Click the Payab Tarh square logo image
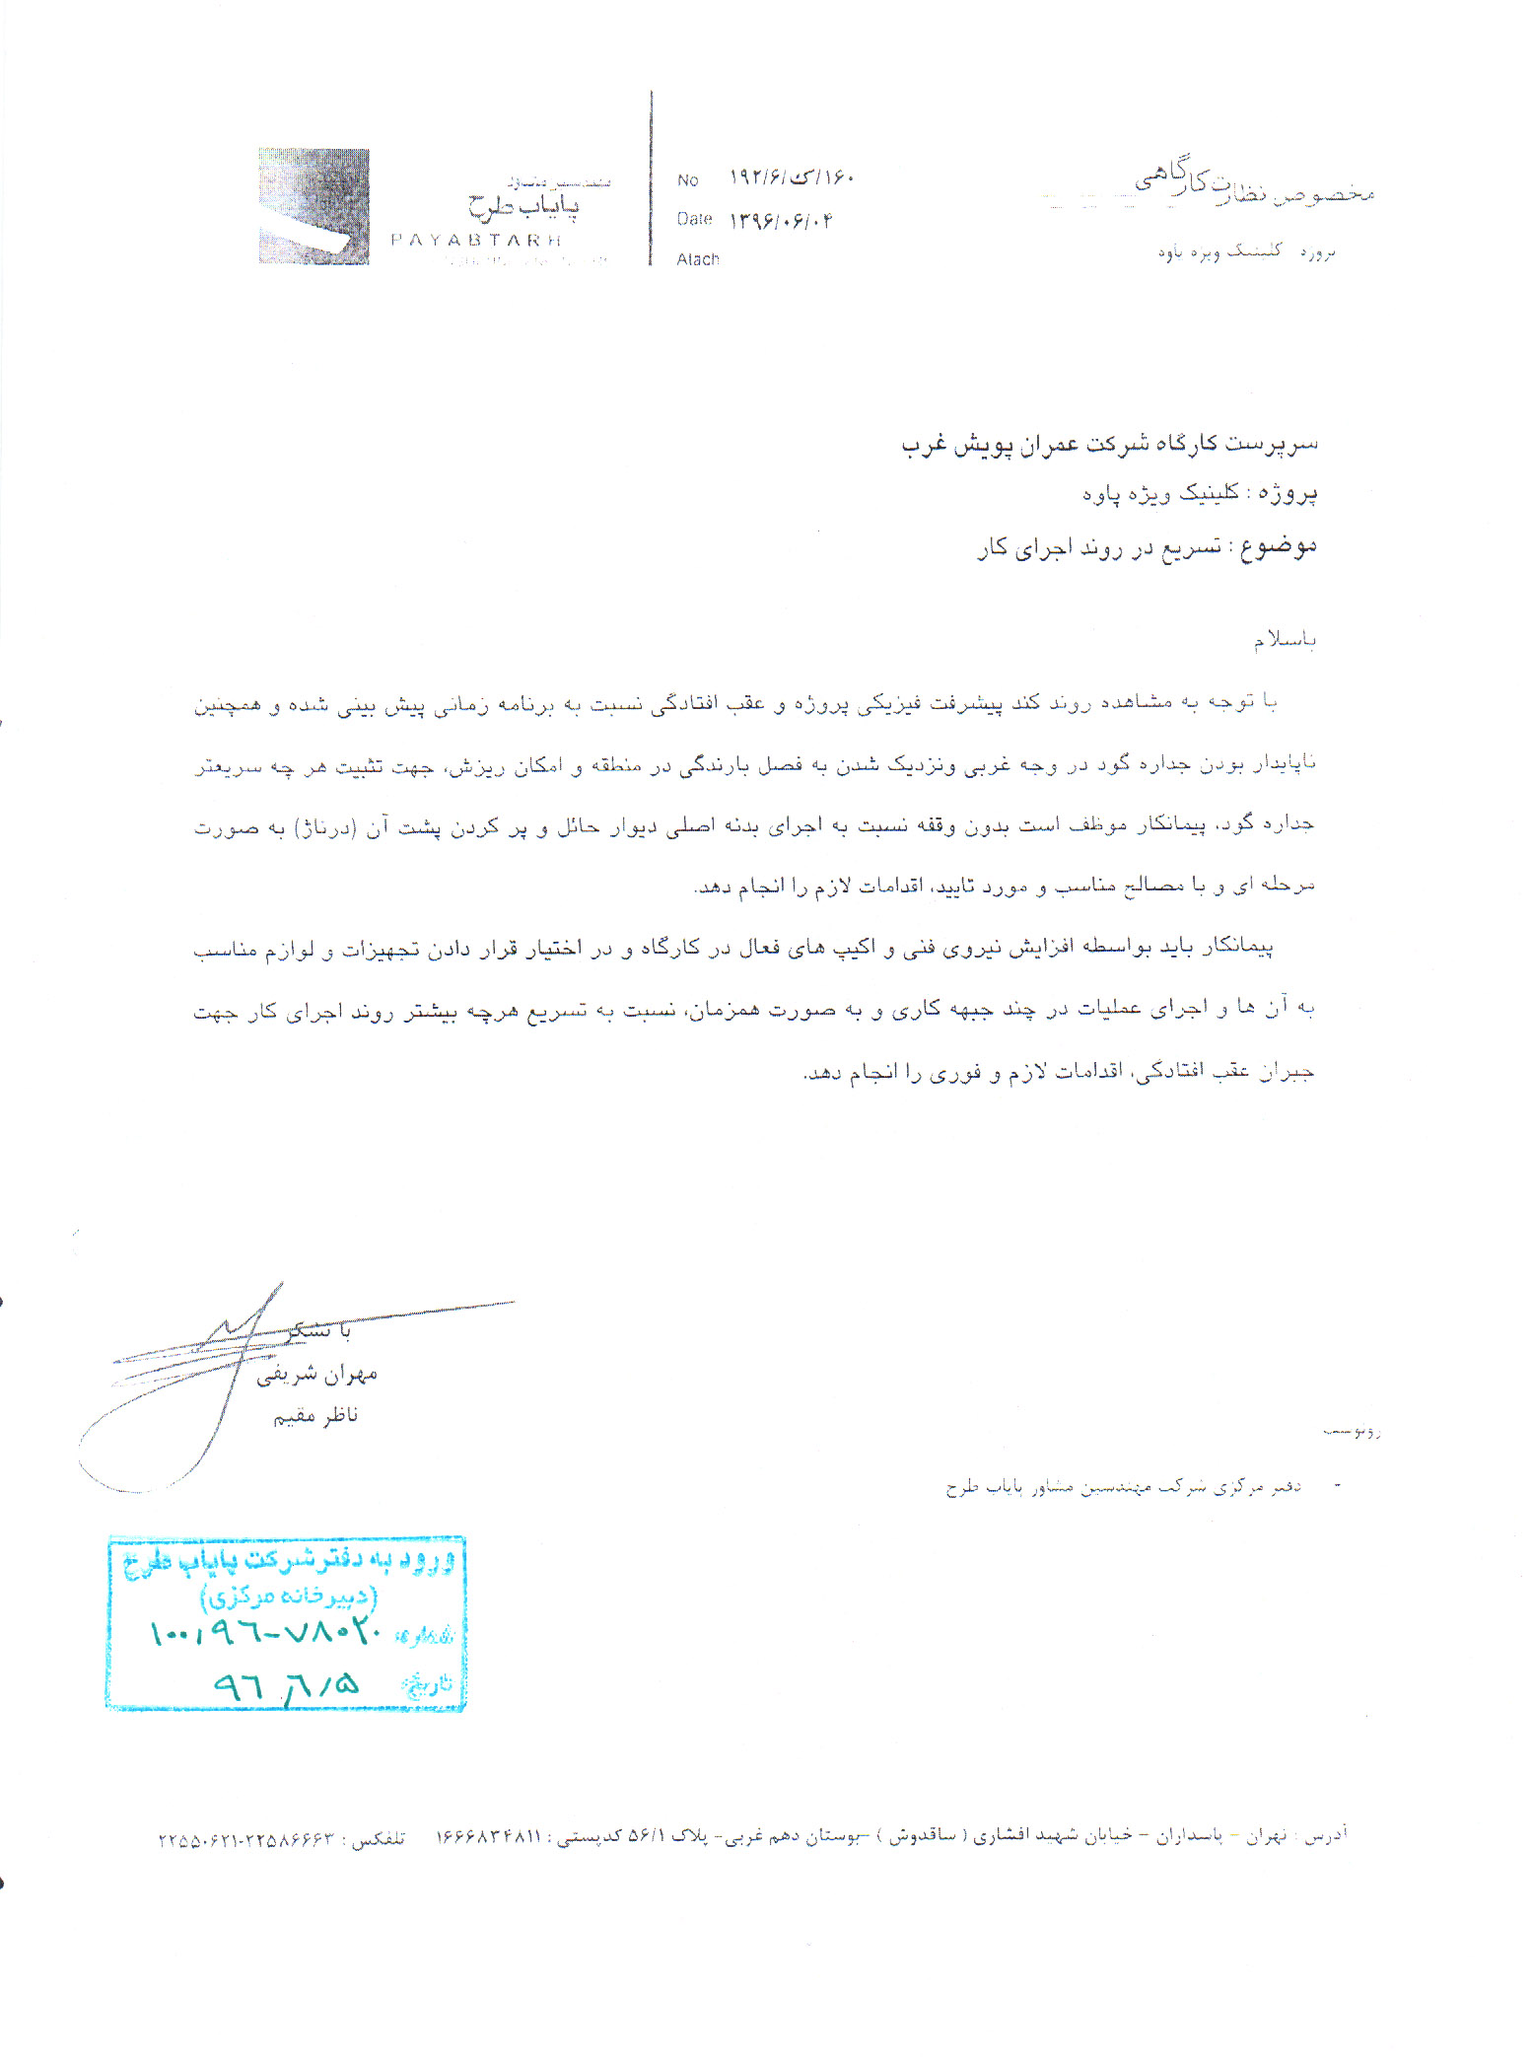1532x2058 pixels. [x=313, y=206]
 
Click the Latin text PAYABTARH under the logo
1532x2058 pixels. [x=475, y=240]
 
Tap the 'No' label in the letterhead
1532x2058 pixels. [x=687, y=180]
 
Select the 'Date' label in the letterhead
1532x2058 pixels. [x=694, y=219]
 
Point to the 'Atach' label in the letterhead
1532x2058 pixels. [x=697, y=259]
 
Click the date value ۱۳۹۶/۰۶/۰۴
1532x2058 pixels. [x=780, y=220]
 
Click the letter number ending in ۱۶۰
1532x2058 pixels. [x=791, y=177]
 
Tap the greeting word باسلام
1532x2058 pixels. [x=1285, y=641]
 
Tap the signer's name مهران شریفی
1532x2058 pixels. [x=316, y=1374]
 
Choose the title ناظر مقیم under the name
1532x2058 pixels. [x=315, y=1416]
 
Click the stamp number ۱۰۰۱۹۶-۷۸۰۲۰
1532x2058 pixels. [x=264, y=1634]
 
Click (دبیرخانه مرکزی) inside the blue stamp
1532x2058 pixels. [x=288, y=1595]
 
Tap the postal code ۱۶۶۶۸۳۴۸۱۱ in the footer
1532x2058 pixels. [x=489, y=1836]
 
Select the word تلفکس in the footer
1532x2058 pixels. [x=379, y=1839]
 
